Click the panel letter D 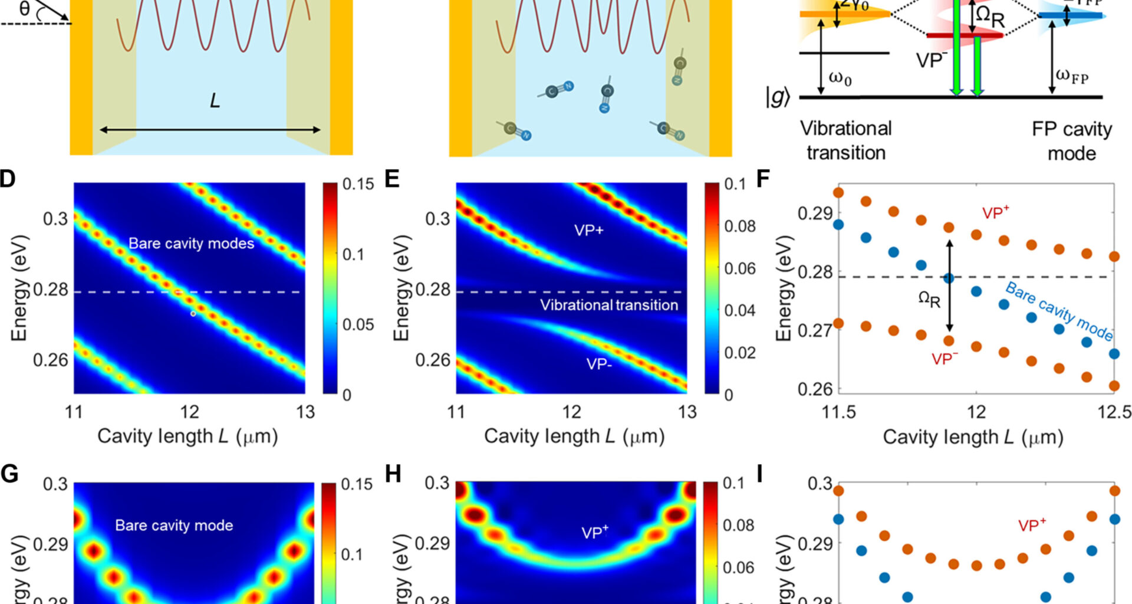[x=8, y=179]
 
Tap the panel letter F [x=763, y=179]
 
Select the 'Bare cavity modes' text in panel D [x=191, y=244]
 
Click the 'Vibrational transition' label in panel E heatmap [x=609, y=305]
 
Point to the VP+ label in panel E [x=589, y=231]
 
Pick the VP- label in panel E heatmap [x=599, y=364]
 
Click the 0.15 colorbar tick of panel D [x=358, y=184]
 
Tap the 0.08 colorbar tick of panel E [x=739, y=226]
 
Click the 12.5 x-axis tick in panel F [x=1114, y=412]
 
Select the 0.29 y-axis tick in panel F [x=814, y=213]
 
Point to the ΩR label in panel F [x=930, y=299]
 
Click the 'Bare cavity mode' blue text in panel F [x=1059, y=311]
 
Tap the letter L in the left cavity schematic [x=215, y=101]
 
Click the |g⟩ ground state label [x=777, y=97]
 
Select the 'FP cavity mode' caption [x=1071, y=142]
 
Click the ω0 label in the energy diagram [x=840, y=78]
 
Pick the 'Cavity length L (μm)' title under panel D [x=187, y=436]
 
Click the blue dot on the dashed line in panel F [x=949, y=278]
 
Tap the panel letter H [x=393, y=474]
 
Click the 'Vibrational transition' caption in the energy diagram [x=845, y=141]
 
